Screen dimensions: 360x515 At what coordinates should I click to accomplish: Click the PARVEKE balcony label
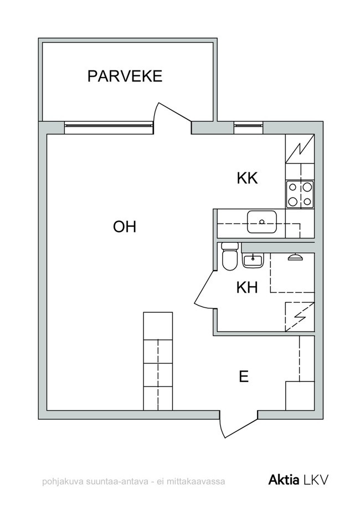pos(125,76)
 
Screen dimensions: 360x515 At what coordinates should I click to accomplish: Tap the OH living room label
pos(125,227)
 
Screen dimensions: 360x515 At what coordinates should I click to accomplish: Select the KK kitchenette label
pos(248,179)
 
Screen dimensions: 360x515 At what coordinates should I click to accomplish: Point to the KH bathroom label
pos(247,288)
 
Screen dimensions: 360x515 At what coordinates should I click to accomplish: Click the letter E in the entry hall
pos(244,376)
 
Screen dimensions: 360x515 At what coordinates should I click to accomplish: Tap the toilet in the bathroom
pos(229,256)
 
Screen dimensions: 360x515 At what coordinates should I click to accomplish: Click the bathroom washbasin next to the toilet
pos(253,261)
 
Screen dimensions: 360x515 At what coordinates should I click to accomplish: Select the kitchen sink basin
pos(262,222)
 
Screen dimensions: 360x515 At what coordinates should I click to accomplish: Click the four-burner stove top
pos(300,194)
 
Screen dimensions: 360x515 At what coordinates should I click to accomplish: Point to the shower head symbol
pos(295,257)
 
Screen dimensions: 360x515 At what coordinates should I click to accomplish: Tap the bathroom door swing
pos(205,289)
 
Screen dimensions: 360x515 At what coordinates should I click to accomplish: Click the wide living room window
pos(109,125)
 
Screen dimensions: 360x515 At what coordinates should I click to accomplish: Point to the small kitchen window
pos(249,125)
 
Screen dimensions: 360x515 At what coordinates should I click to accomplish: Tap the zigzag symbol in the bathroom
pos(300,317)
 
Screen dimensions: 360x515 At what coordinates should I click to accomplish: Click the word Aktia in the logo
pos(284,480)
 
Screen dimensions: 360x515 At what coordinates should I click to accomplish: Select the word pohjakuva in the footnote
pos(63,482)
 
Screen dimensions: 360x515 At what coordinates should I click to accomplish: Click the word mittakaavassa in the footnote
pos(196,482)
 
